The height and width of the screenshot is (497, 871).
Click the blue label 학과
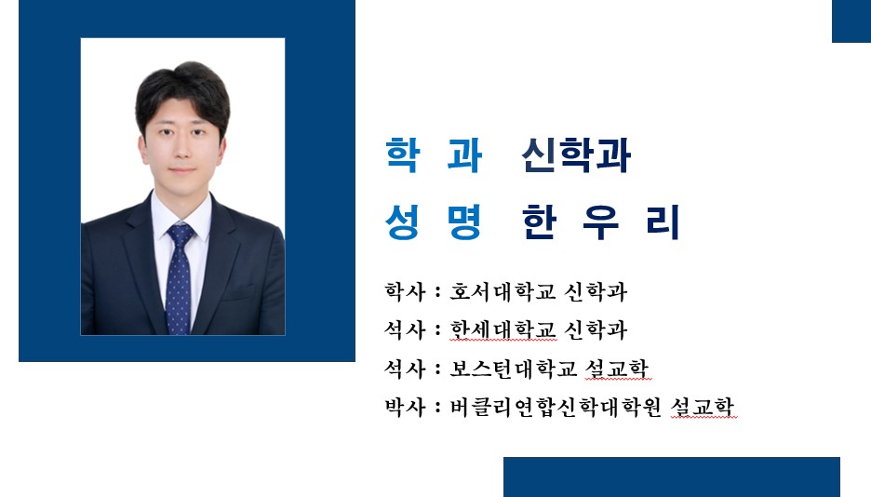pos(434,155)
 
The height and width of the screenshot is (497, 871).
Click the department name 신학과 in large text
pos(576,155)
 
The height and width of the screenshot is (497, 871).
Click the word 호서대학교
pos(502,291)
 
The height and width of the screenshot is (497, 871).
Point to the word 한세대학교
pos(502,329)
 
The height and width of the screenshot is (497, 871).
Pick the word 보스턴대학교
pos(514,369)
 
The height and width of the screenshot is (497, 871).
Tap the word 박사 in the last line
pos(405,407)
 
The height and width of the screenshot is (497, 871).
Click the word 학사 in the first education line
pos(405,291)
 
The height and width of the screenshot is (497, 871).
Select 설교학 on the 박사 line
pos(703,407)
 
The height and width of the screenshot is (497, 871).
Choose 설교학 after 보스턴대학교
pos(617,369)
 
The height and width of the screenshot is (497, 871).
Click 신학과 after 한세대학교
pos(596,329)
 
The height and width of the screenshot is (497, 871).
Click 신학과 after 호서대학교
pos(596,291)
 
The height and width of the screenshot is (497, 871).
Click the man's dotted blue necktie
pos(180,277)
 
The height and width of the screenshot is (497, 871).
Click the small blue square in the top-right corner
pos(851,21)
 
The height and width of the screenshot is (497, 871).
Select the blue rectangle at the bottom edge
pos(672,477)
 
